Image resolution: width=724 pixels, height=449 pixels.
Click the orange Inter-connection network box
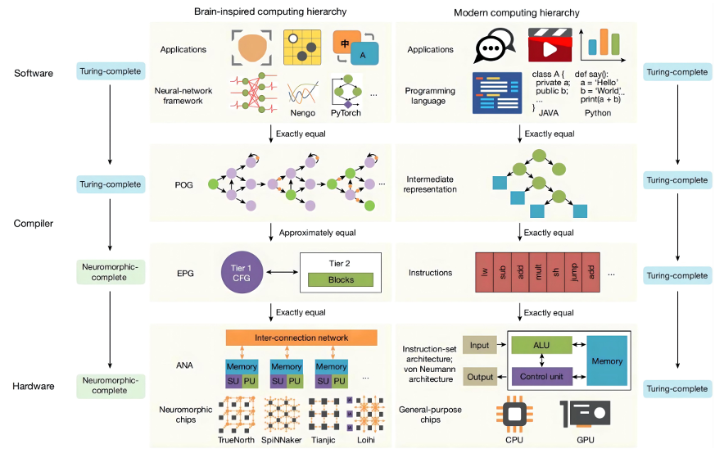tap(301, 338)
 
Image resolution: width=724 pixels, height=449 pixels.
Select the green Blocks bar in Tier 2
tap(340, 279)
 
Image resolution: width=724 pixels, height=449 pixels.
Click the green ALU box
tap(541, 346)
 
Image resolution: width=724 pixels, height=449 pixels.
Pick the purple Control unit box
tap(541, 376)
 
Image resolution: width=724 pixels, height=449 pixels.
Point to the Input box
tap(479, 345)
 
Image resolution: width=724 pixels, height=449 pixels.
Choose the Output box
tap(479, 376)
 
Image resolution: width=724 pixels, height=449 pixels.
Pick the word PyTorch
tap(346, 113)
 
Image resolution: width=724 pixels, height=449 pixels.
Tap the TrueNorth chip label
tap(238, 440)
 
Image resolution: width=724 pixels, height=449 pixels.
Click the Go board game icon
tap(301, 49)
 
